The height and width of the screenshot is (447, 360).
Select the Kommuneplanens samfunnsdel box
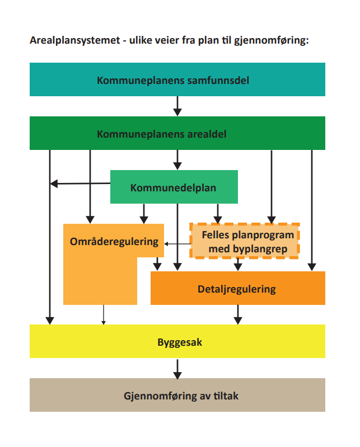[x=177, y=79]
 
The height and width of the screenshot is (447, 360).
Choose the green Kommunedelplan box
[x=174, y=187]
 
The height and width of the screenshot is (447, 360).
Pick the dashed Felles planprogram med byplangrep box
[x=245, y=241]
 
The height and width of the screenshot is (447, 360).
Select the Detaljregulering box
[x=237, y=289]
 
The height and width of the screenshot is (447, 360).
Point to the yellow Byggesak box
[x=177, y=341]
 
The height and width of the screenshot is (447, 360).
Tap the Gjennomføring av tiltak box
[x=177, y=396]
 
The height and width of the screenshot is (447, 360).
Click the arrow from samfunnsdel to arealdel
[x=177, y=106]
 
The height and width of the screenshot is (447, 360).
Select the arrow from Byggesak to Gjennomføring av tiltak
[x=177, y=368]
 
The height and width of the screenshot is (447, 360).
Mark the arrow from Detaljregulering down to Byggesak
[x=238, y=314]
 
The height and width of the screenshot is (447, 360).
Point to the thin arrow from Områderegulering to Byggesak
[x=103, y=314]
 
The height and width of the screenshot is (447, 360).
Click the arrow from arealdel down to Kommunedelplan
[x=177, y=160]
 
